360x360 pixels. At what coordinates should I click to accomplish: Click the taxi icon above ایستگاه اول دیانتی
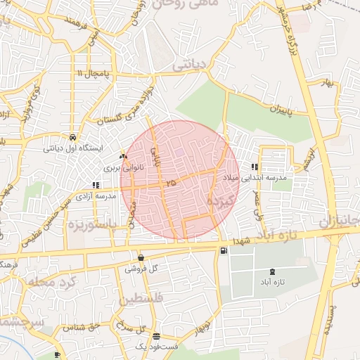74,137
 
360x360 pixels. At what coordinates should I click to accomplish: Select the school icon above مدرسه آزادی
95,185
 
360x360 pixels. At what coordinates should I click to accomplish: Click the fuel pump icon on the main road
224,250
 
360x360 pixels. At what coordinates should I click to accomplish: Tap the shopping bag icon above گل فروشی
141,258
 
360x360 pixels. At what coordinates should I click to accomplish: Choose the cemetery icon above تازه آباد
272,272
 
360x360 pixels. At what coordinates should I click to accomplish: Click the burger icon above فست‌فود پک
155,336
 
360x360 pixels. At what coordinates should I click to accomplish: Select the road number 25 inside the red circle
172,183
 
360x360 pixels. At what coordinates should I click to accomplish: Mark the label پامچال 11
95,73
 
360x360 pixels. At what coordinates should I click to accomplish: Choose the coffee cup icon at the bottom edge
58,356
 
